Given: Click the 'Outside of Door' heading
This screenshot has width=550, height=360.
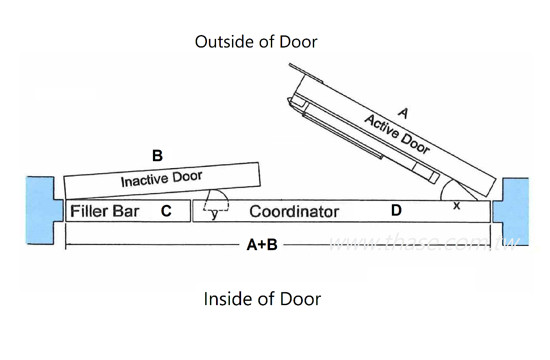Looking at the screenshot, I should click(256, 42).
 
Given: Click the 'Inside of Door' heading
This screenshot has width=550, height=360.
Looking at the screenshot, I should click(262, 299).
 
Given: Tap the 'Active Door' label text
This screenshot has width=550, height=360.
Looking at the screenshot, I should click(397, 134).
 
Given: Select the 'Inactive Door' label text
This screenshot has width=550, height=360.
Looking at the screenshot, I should click(161, 178).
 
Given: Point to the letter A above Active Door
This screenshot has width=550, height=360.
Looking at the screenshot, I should click(403, 113).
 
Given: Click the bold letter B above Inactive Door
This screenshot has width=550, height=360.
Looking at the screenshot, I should click(157, 156).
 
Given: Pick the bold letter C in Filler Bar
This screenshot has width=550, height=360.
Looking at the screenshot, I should click(166, 211).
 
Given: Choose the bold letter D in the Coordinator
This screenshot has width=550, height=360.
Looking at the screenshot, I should click(396, 210).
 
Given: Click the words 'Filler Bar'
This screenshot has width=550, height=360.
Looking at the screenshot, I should click(105, 211).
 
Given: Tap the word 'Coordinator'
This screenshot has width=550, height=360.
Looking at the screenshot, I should click(294, 212).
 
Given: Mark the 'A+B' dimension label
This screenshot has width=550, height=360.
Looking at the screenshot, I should click(262, 245).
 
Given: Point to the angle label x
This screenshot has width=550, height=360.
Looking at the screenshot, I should click(456, 206).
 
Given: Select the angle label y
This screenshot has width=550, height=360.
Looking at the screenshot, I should click(214, 214).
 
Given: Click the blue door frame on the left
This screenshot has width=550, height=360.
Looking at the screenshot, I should click(40, 210).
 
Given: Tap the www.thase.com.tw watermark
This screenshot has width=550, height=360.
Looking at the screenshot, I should click(423, 244).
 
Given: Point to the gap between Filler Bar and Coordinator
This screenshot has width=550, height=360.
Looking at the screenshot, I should click(191, 211).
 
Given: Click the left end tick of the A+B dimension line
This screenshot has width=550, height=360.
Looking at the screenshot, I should click(66, 245).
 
